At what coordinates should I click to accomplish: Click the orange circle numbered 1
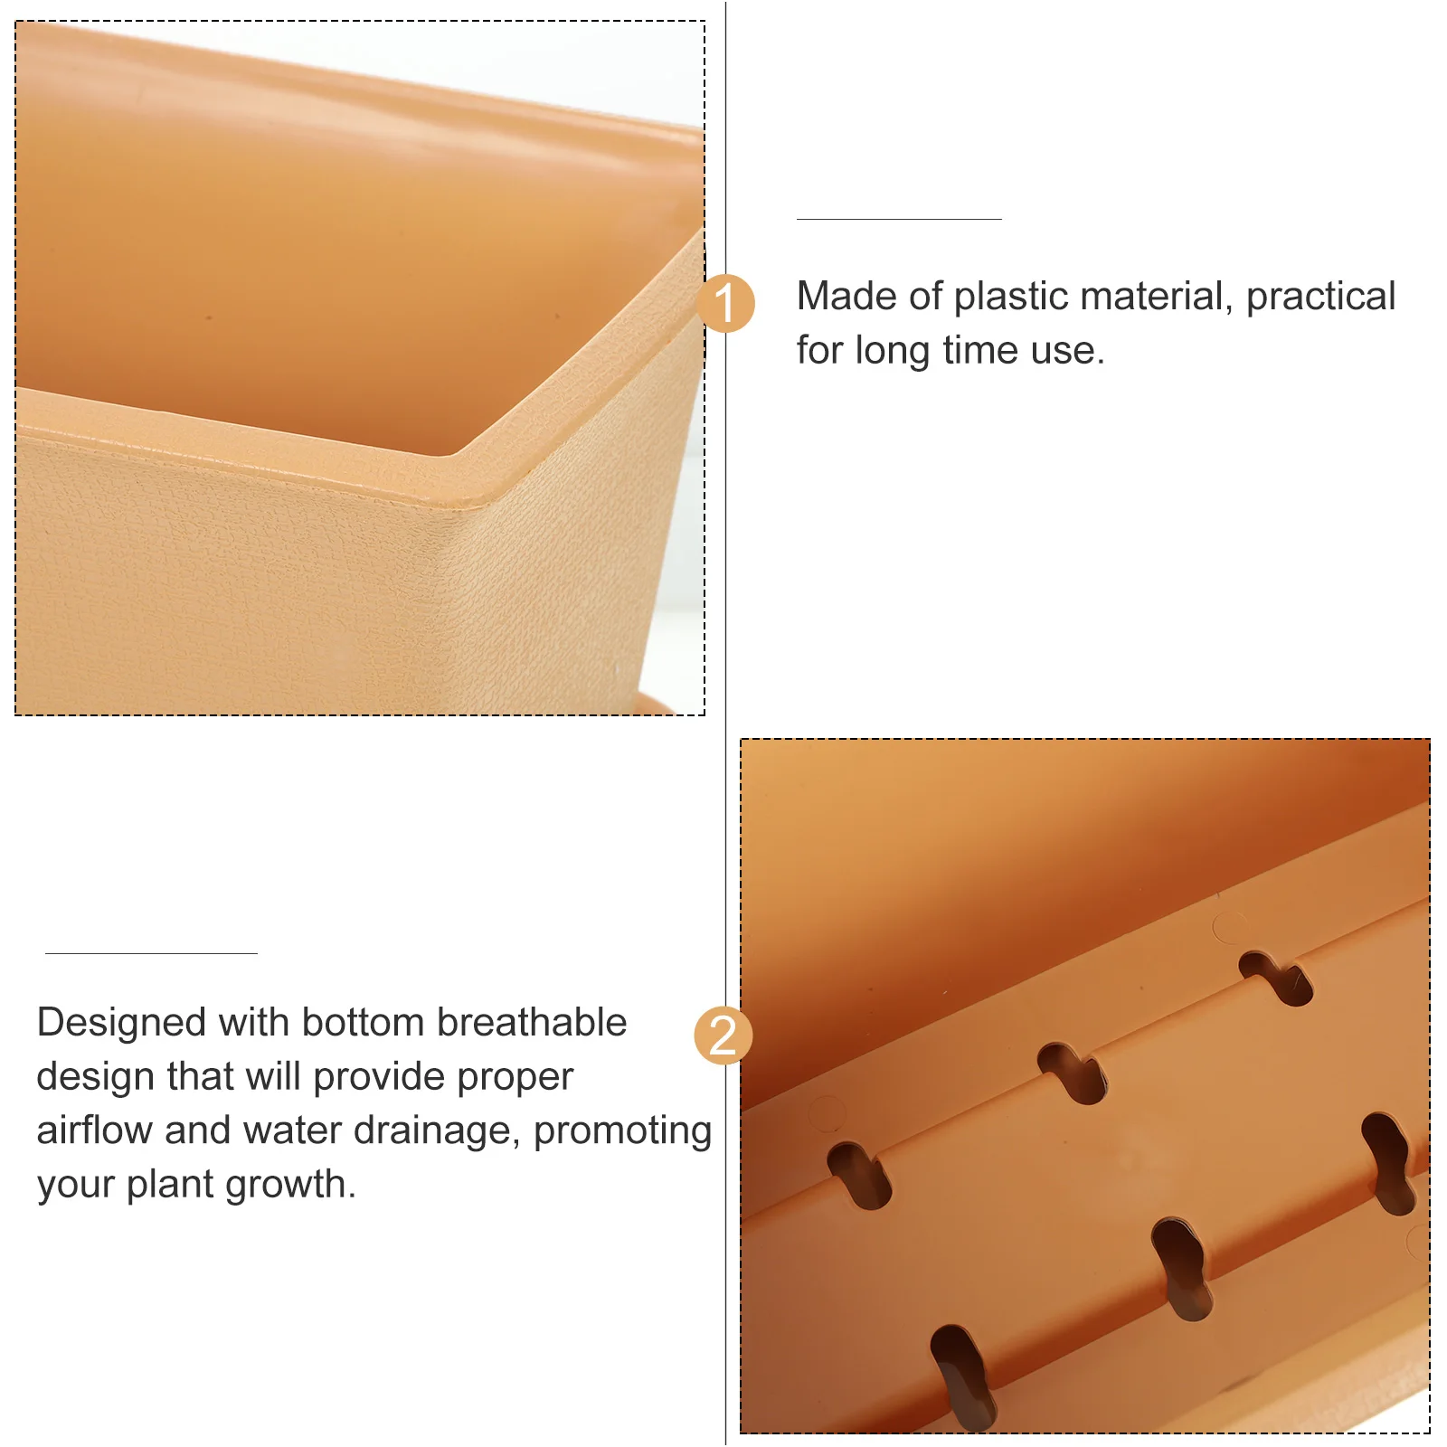pyautogui.click(x=725, y=303)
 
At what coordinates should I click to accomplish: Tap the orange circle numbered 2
pyautogui.click(x=723, y=1035)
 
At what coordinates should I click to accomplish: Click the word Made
pyautogui.click(x=846, y=297)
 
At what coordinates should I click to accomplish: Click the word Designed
pyautogui.click(x=121, y=1024)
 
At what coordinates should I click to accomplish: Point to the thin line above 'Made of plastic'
pyautogui.click(x=899, y=219)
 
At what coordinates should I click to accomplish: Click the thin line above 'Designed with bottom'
pyautogui.click(x=151, y=953)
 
